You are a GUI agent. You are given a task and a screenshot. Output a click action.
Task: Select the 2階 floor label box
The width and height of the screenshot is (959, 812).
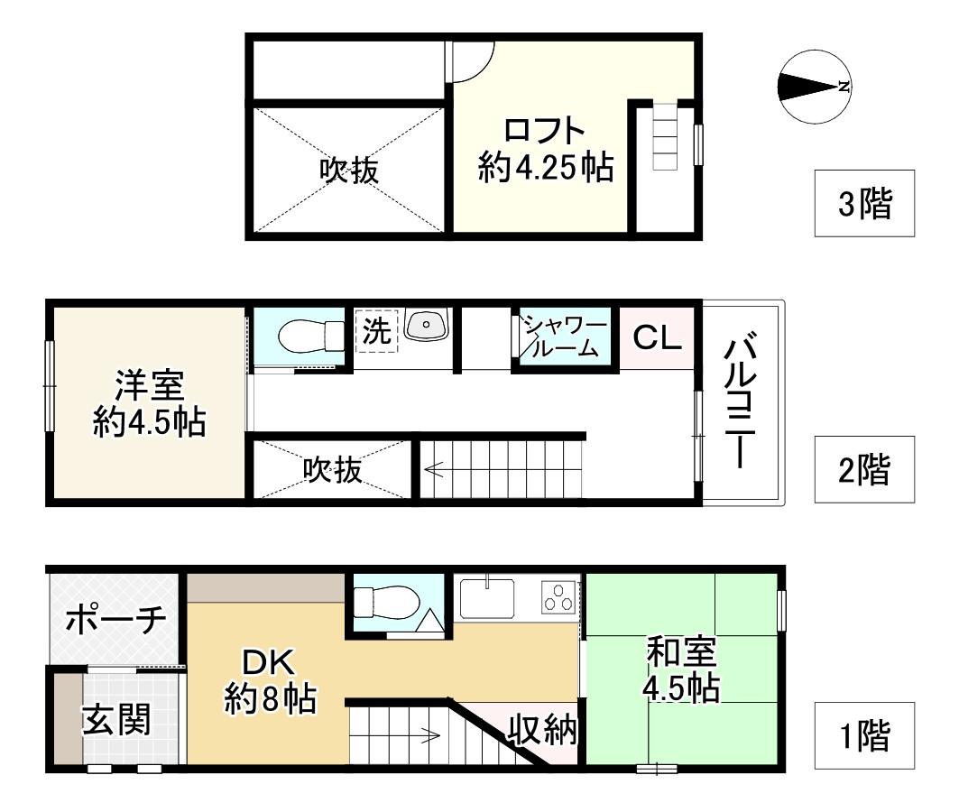pyautogui.click(x=864, y=469)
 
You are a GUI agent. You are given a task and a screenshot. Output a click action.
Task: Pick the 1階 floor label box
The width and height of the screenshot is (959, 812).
pyautogui.click(x=864, y=737)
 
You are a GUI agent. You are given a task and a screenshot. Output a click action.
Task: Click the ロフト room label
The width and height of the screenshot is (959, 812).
pyautogui.click(x=546, y=149)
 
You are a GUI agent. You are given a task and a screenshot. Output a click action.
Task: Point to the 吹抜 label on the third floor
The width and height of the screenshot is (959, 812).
pyautogui.click(x=348, y=171)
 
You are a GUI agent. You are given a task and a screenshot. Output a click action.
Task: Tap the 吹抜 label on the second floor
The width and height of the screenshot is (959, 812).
pyautogui.click(x=332, y=469)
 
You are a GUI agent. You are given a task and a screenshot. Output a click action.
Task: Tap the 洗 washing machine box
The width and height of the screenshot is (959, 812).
pyautogui.click(x=376, y=331)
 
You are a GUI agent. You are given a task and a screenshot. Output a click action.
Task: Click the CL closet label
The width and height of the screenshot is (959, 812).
pyautogui.click(x=657, y=337)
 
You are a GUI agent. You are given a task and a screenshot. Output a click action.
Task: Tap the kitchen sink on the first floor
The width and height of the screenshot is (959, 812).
pyautogui.click(x=487, y=595)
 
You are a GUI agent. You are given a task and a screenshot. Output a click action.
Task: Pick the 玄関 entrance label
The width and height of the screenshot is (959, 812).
pyautogui.click(x=116, y=722)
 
